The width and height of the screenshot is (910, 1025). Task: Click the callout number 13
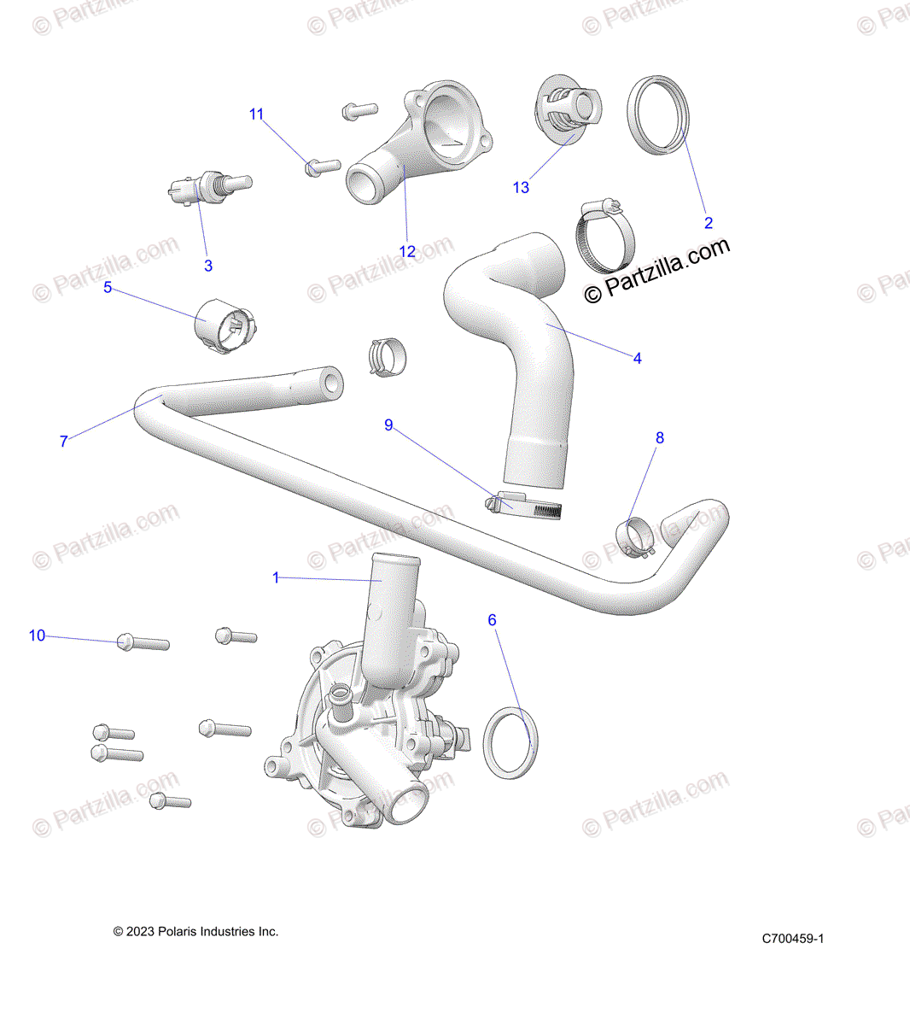pyautogui.click(x=521, y=188)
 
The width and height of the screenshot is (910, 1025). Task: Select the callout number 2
pyautogui.click(x=708, y=224)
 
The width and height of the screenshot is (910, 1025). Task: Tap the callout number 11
pyautogui.click(x=257, y=114)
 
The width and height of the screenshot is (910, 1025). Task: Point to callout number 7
pyautogui.click(x=64, y=442)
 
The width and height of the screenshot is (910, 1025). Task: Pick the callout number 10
pyautogui.click(x=38, y=635)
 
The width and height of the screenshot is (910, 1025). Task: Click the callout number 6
pyautogui.click(x=492, y=620)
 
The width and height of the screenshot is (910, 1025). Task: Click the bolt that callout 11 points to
pyautogui.click(x=322, y=167)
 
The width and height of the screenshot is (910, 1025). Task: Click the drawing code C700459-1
pyautogui.click(x=793, y=939)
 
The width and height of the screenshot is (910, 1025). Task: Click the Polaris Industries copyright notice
pyautogui.click(x=195, y=932)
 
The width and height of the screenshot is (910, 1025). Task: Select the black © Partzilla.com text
pyautogui.click(x=657, y=269)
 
